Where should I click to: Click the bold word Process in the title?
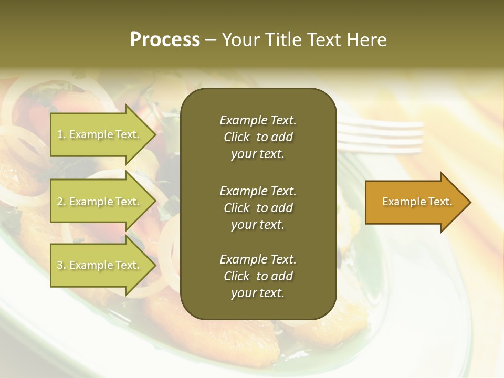tap(165, 40)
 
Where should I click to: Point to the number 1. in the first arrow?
tap(61, 134)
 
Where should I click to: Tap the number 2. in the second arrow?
tap(61, 202)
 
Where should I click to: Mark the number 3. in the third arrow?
tap(61, 265)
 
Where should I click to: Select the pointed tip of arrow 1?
tap(153, 134)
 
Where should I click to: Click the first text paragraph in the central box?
tap(258, 137)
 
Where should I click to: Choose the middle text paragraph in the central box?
tap(258, 207)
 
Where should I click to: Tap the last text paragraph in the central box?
tap(258, 276)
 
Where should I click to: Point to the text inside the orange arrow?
tap(417, 202)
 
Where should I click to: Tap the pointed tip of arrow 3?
tap(153, 265)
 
